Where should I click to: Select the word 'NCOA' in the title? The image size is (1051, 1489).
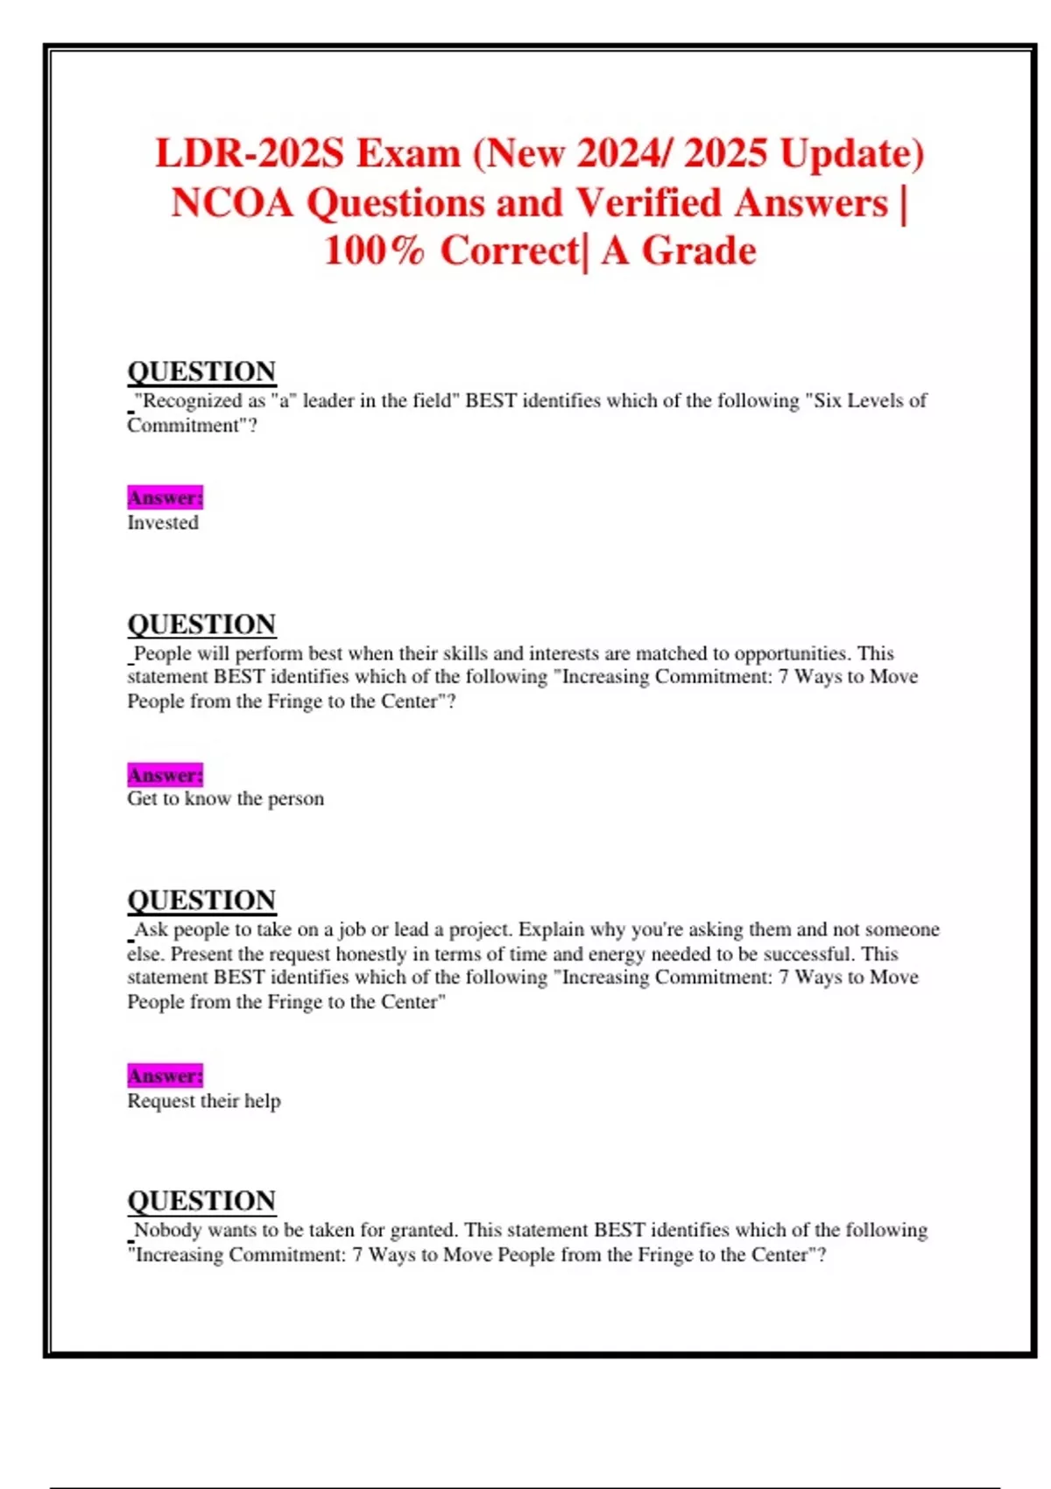[232, 203]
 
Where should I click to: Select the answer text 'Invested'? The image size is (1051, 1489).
[163, 523]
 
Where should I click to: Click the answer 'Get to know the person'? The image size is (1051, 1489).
[225, 799]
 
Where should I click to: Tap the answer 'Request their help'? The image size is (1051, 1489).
[204, 1101]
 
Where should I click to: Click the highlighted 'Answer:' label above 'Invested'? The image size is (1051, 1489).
[165, 498]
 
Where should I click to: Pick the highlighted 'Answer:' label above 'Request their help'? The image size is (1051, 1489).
[165, 1076]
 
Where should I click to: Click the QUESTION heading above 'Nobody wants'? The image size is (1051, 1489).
[201, 1201]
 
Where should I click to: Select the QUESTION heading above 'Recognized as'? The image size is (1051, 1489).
[201, 371]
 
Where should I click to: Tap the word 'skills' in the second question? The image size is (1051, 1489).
[465, 653]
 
